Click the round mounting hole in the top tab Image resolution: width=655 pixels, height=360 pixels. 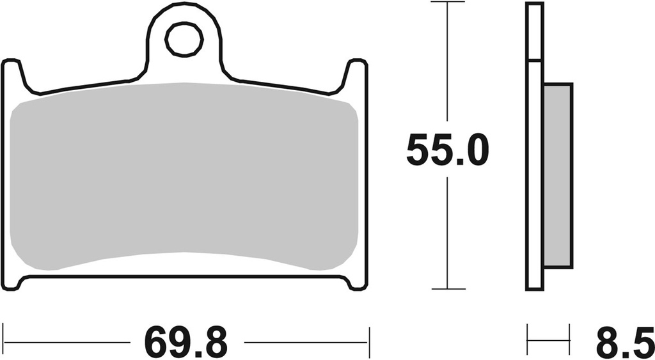[184, 41]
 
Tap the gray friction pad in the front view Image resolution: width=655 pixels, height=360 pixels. [184, 176]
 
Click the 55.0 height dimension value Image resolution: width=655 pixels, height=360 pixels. [447, 151]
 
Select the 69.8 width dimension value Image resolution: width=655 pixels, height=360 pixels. [185, 341]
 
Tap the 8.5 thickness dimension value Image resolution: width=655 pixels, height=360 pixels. [624, 341]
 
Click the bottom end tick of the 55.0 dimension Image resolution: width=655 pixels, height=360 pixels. [447, 289]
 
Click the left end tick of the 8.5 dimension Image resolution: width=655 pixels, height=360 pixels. [527, 334]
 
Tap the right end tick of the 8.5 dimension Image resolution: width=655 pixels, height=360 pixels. [569, 334]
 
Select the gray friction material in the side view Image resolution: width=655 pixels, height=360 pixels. [558, 176]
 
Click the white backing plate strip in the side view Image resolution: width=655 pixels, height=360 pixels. [534, 176]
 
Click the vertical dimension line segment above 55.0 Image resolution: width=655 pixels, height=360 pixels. [447, 64]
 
